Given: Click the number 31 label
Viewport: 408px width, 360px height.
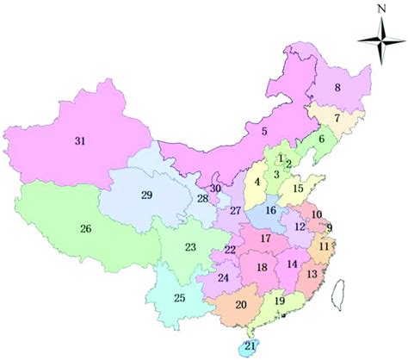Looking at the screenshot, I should click(x=80, y=140).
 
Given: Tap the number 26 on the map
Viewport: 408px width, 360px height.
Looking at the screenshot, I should click(x=85, y=229).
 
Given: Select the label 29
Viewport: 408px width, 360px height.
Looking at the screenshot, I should click(x=146, y=196).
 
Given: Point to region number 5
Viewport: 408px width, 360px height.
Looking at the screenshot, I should click(x=265, y=132).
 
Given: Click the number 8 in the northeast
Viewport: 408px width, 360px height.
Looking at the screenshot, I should click(x=338, y=87).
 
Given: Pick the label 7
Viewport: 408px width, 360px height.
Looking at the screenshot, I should click(x=337, y=118).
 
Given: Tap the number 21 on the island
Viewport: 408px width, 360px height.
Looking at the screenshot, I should click(x=250, y=345).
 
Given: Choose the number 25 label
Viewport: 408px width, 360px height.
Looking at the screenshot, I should click(x=179, y=298).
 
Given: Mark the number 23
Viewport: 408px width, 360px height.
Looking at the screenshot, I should click(x=190, y=248).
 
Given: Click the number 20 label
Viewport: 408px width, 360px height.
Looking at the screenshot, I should click(x=241, y=305).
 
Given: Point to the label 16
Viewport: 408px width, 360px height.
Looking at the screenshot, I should click(x=270, y=210).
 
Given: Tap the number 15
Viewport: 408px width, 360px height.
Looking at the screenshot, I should click(x=298, y=189).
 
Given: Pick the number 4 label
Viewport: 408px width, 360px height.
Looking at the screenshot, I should click(x=257, y=183).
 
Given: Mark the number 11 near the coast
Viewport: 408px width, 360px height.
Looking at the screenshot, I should click(x=324, y=247).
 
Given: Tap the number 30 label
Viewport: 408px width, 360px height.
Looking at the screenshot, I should click(x=216, y=189).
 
